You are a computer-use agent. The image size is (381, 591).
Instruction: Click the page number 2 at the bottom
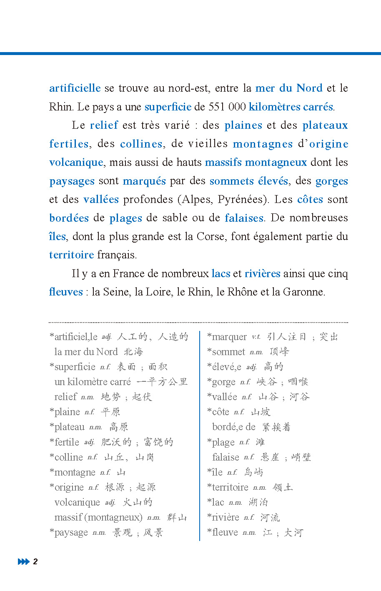click(x=35, y=561)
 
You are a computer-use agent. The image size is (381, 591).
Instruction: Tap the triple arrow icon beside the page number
click(x=23, y=561)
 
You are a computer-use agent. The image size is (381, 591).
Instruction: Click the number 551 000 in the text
click(x=227, y=107)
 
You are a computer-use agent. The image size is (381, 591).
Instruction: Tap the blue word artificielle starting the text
click(x=75, y=88)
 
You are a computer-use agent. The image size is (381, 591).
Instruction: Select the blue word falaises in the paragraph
click(x=244, y=218)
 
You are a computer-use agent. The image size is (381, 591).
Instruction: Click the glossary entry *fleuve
click(x=223, y=533)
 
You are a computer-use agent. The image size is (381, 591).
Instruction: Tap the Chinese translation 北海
click(x=133, y=352)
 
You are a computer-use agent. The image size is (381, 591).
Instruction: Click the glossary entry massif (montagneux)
click(x=98, y=517)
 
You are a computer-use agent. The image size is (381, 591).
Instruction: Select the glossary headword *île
click(x=216, y=472)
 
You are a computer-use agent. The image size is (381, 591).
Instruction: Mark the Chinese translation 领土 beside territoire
click(x=283, y=487)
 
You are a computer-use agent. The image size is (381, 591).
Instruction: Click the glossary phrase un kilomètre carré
click(x=93, y=382)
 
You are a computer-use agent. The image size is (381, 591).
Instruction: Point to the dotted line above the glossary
click(x=198, y=322)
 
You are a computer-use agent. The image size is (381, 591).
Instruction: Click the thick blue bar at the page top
click(x=190, y=53)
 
